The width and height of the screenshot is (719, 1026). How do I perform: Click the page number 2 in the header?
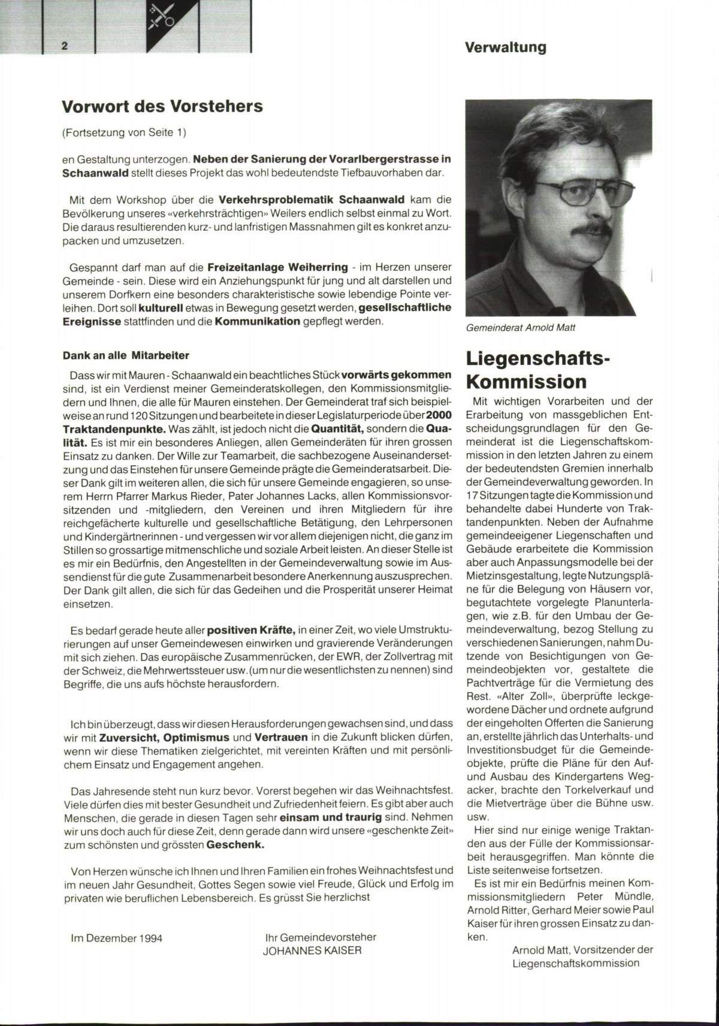[x=64, y=46]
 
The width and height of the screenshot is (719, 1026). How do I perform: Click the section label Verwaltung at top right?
[x=506, y=47]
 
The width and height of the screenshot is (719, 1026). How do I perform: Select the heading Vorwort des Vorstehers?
[x=162, y=107]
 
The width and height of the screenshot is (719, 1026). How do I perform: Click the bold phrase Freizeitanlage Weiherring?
[x=277, y=266]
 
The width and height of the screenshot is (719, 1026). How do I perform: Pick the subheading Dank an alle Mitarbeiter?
[x=126, y=355]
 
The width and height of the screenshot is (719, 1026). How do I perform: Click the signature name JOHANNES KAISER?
[x=312, y=951]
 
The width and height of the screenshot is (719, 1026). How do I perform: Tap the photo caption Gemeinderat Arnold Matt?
[x=521, y=328]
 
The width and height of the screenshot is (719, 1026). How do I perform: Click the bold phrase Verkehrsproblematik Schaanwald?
[x=312, y=199]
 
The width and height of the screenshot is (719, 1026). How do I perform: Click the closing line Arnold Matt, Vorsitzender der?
[x=582, y=950]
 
